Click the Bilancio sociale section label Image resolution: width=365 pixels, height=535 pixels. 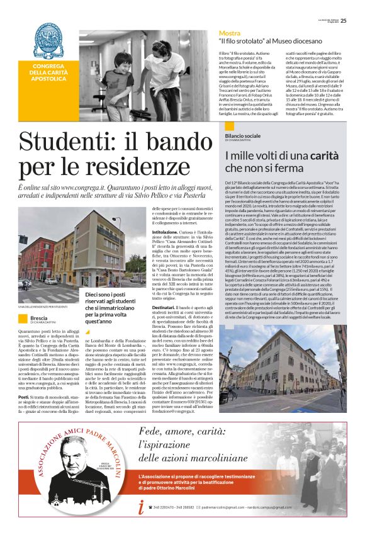pyautogui.click(x=242, y=135)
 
